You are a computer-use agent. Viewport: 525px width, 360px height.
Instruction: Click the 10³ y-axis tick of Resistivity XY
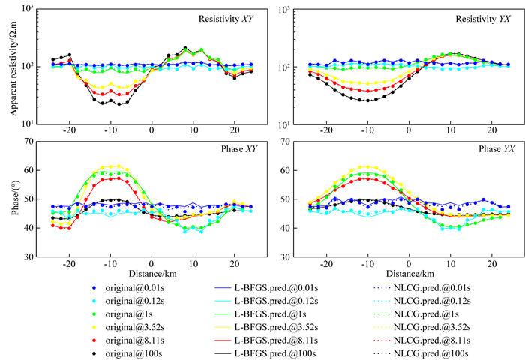(32, 9)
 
